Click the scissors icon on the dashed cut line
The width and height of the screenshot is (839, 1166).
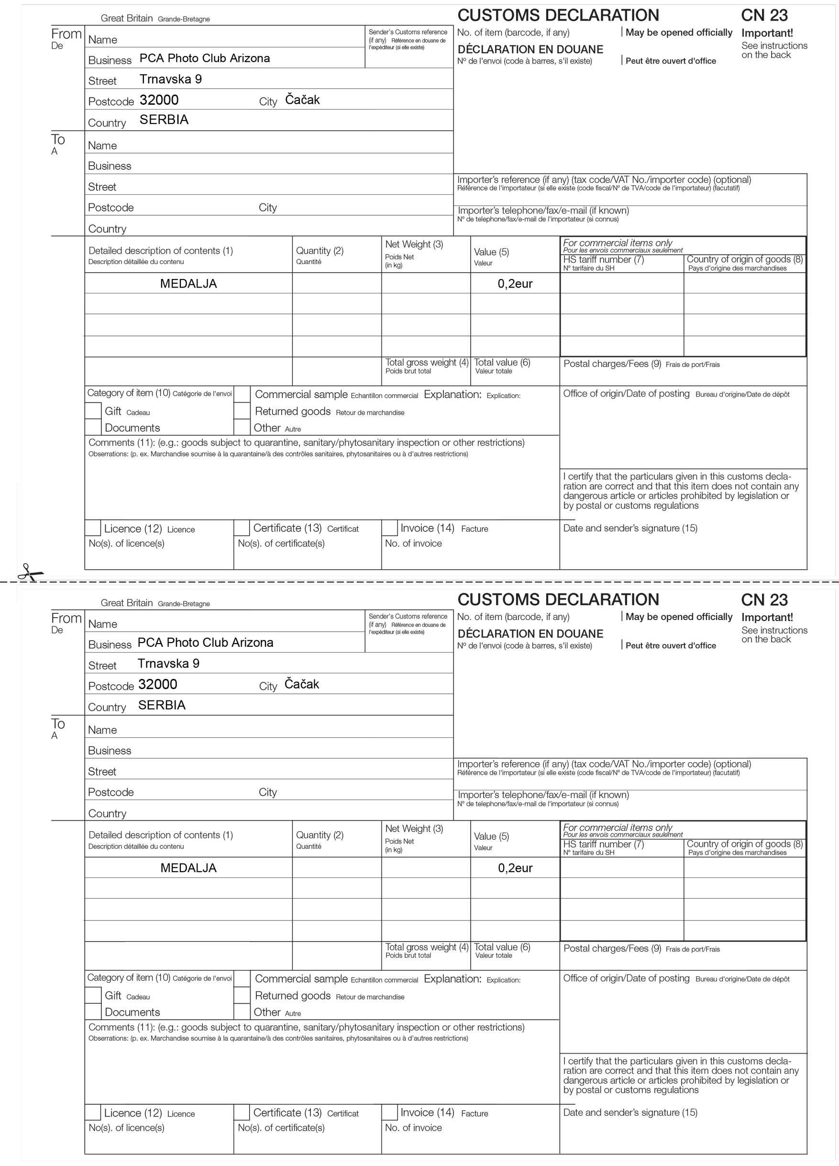[30, 572]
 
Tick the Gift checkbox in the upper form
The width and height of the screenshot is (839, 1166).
[93, 411]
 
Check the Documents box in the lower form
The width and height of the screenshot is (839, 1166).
[93, 1011]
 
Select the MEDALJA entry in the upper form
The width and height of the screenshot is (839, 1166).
[188, 284]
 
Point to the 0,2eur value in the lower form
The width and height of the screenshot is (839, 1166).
[515, 868]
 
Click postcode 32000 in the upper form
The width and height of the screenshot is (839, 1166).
[159, 100]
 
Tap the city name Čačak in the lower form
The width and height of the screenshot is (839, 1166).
[302, 684]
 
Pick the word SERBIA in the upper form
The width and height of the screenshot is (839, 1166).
[164, 120]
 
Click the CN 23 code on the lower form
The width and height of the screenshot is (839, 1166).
[764, 600]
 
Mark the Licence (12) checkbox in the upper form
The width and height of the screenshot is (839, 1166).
[93, 528]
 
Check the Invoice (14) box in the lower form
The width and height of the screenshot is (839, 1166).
[390, 1112]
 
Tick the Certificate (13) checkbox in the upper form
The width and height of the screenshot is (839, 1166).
[242, 528]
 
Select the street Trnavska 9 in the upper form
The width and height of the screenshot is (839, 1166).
[171, 79]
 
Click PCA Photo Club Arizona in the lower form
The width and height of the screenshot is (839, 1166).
[205, 643]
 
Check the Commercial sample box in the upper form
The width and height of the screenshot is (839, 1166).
[242, 394]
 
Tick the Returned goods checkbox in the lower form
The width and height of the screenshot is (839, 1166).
[242, 995]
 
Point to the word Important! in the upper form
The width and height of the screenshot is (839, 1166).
[767, 33]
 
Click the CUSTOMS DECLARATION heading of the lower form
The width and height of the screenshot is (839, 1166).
[558, 600]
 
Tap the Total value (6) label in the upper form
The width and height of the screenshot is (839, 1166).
[502, 363]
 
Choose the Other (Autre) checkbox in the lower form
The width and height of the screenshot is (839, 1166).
[242, 1012]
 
